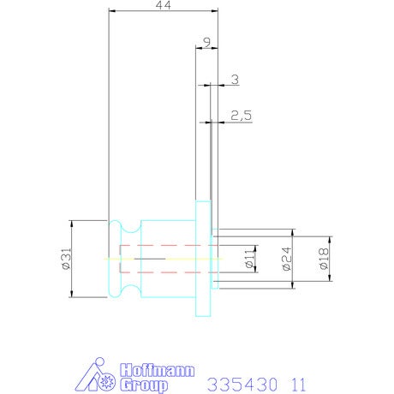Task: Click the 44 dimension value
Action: pos(164,5)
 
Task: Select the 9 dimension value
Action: pos(207,42)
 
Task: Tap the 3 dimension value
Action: pos(235,80)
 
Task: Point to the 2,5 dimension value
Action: pos(242,116)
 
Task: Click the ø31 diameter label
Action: pos(66,259)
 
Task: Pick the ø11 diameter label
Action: pos(249,259)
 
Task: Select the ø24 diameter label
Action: pos(287,259)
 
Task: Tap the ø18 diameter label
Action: pos(324,259)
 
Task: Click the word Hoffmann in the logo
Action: pos(157,370)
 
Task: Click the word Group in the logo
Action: pos(144,385)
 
